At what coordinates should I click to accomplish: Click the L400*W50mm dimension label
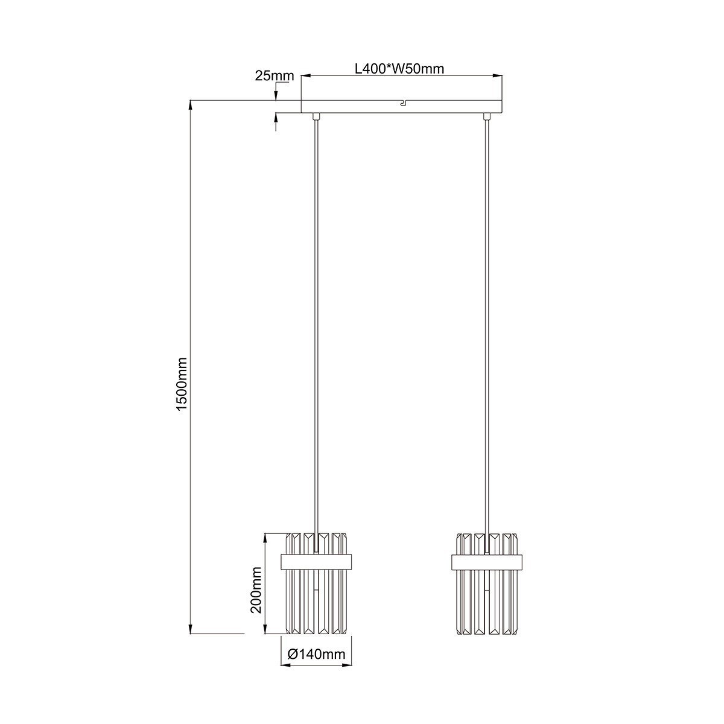399,69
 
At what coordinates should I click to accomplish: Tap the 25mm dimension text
274,76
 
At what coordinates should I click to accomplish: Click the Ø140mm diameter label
317,654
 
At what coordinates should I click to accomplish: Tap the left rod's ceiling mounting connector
316,116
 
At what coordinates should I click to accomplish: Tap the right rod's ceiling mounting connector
487,116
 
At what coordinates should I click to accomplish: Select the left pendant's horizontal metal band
317,561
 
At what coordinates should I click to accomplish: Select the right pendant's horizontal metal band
487,561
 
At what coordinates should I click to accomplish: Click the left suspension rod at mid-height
316,326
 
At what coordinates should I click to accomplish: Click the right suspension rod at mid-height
487,326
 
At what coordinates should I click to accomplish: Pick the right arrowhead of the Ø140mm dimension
348,666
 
